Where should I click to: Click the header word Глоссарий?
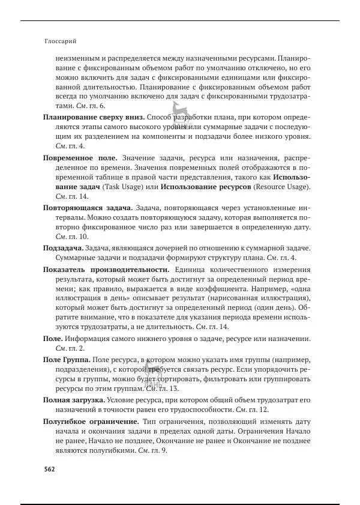click(x=61, y=42)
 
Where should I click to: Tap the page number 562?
click(x=49, y=469)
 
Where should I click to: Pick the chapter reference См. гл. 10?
click(x=72, y=237)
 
